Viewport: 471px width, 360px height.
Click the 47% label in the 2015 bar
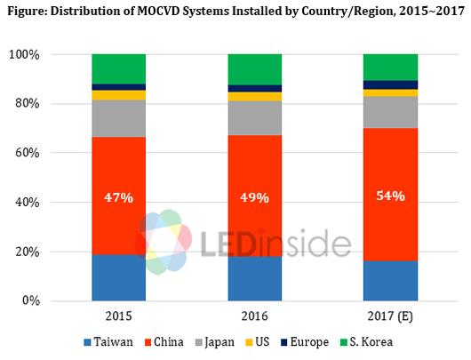118,197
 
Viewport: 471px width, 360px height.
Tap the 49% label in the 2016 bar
254,197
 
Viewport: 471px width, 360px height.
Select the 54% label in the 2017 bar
391,195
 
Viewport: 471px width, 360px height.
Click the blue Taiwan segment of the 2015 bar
118,277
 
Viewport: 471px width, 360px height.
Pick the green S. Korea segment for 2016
254,69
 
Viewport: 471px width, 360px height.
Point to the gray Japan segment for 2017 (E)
391,112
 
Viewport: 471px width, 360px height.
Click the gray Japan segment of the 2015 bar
118,119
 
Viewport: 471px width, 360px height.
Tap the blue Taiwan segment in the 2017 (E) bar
391,281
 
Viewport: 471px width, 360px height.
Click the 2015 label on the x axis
118,315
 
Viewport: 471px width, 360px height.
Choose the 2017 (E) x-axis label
391,315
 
